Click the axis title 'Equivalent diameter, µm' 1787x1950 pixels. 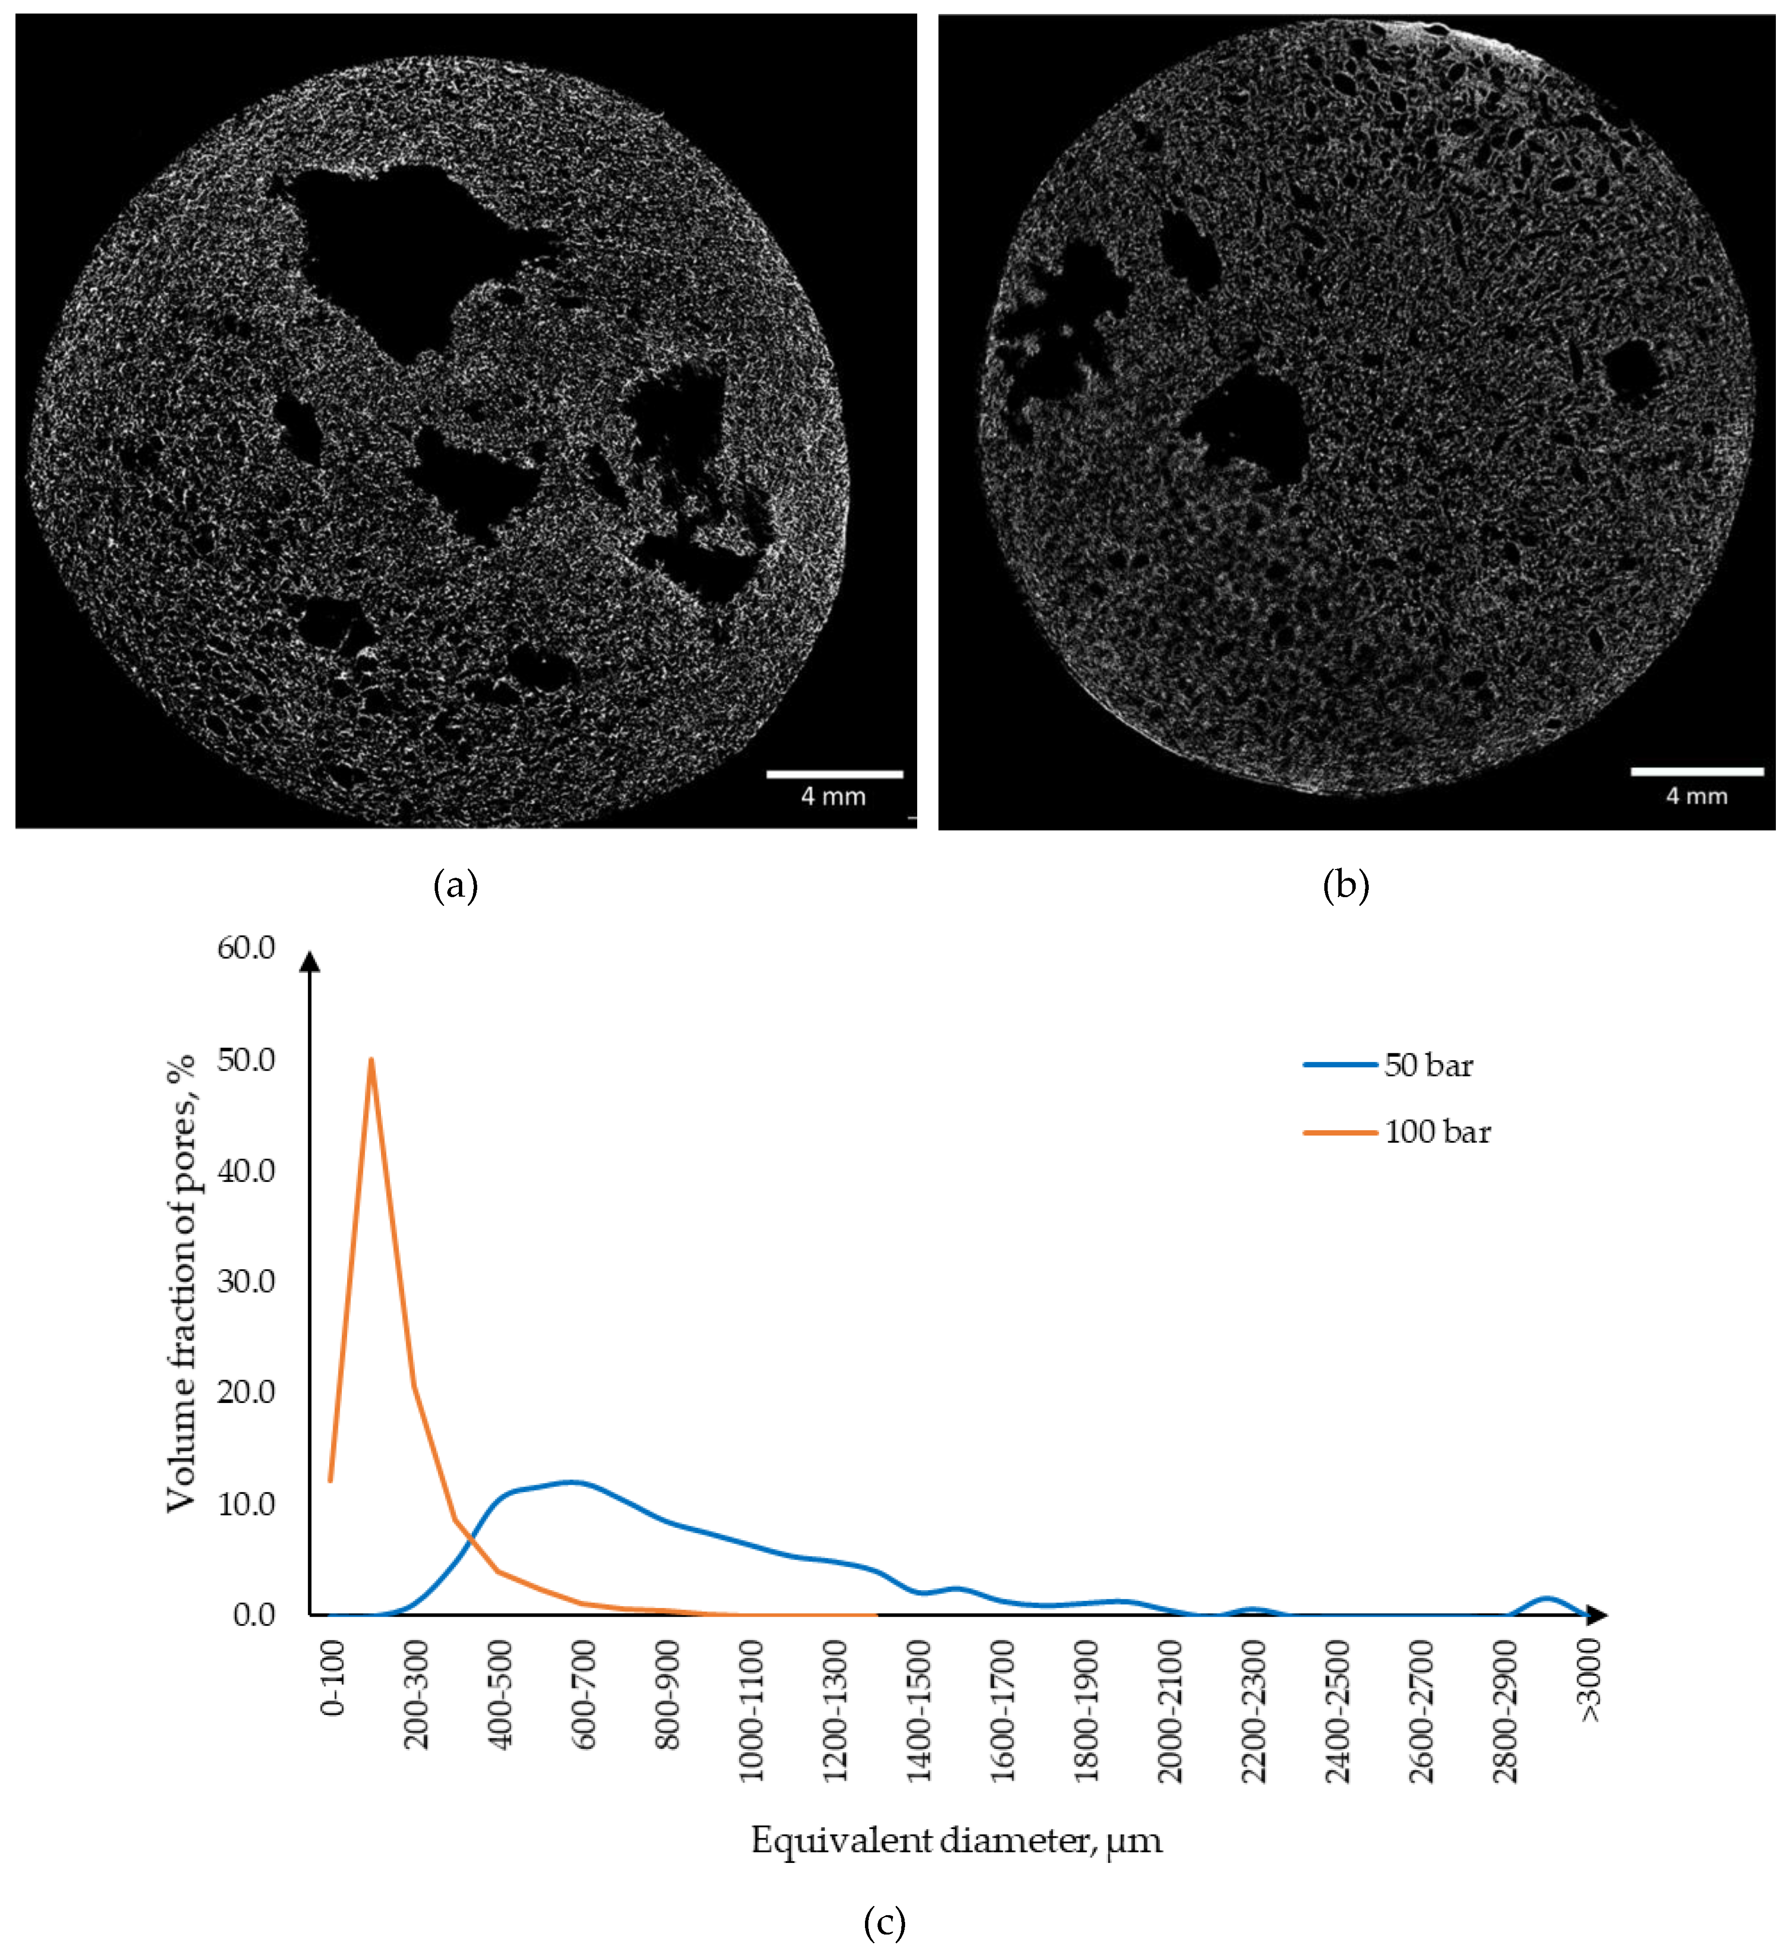pos(956,1840)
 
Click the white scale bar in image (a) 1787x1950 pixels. pos(835,774)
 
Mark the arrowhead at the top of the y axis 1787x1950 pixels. pos(309,960)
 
